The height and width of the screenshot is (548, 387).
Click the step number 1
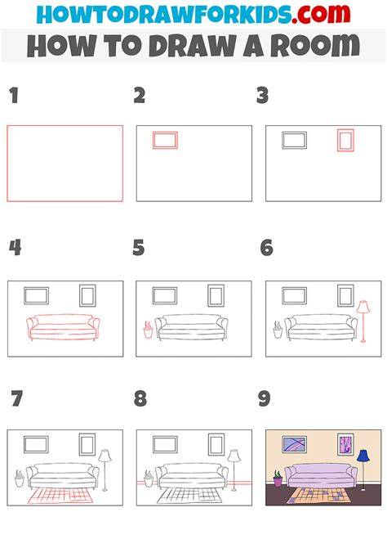pyautogui.click(x=14, y=96)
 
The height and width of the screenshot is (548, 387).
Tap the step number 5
pyautogui.click(x=139, y=248)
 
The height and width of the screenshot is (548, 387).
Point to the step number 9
pyautogui.click(x=265, y=398)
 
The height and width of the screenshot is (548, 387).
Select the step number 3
pyautogui.click(x=262, y=96)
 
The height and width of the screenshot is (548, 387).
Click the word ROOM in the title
pyautogui.click(x=315, y=46)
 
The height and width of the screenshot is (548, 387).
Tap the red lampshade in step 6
pyautogui.click(x=363, y=307)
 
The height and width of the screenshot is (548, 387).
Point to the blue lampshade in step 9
pyautogui.click(x=363, y=456)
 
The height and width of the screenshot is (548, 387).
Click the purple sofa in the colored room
pyautogui.click(x=321, y=474)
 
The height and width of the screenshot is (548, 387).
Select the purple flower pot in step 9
pyautogui.click(x=278, y=482)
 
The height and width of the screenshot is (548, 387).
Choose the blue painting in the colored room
pyautogui.click(x=294, y=444)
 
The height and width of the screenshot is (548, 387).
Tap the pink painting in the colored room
pyautogui.click(x=345, y=444)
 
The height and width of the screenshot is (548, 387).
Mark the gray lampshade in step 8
pyautogui.click(x=234, y=456)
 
